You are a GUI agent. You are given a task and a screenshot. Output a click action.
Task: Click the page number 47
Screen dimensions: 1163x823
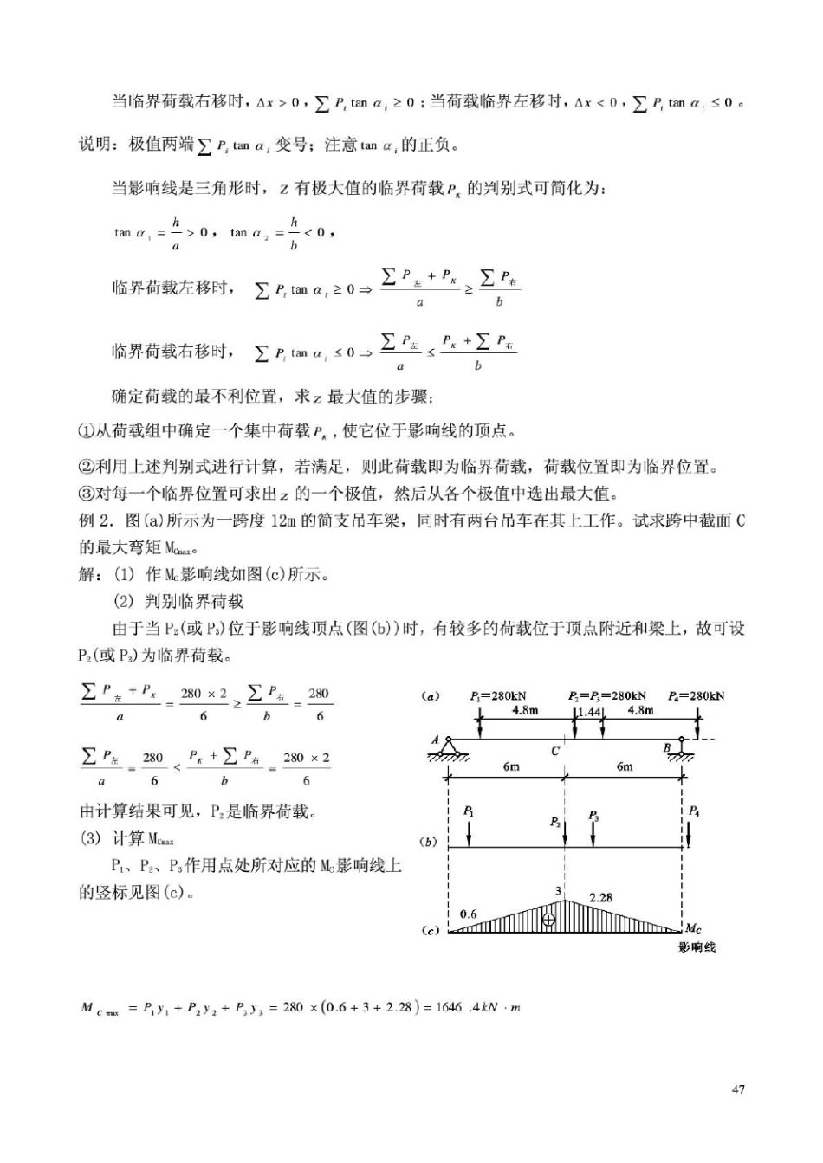click(x=738, y=1089)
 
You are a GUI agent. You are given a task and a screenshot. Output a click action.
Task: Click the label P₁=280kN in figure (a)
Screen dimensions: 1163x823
click(x=498, y=695)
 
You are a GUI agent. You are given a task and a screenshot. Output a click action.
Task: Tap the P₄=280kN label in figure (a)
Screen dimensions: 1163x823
click(x=697, y=695)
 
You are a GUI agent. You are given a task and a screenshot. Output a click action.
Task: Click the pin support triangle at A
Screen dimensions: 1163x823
click(x=448, y=747)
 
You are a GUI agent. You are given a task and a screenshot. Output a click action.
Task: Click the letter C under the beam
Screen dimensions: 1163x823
click(x=555, y=751)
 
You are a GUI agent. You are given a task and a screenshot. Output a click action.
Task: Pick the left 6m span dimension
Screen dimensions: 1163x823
click(x=511, y=766)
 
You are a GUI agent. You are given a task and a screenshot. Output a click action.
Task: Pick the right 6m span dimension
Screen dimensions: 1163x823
click(x=625, y=766)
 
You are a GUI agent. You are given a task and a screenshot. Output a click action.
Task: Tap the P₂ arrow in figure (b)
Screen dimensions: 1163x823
click(x=565, y=833)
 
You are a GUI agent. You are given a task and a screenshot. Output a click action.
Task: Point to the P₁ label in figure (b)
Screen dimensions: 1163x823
click(x=468, y=811)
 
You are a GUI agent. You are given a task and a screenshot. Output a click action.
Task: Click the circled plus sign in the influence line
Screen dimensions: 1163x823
click(x=548, y=920)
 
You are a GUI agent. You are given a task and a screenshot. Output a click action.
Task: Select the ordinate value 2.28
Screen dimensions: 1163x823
click(x=600, y=897)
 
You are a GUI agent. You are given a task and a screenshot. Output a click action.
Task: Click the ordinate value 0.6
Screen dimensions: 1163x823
click(x=468, y=914)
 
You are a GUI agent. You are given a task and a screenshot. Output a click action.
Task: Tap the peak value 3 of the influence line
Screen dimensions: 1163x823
click(x=559, y=890)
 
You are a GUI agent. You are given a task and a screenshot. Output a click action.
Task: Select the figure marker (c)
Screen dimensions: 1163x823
click(x=431, y=931)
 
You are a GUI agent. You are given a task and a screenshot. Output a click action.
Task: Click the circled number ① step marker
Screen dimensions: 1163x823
click(x=86, y=430)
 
